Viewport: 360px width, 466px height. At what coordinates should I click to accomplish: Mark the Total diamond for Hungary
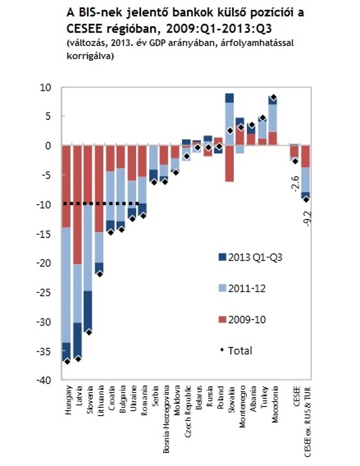tap(67, 362)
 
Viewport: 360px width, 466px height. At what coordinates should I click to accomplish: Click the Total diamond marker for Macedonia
tap(273, 97)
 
